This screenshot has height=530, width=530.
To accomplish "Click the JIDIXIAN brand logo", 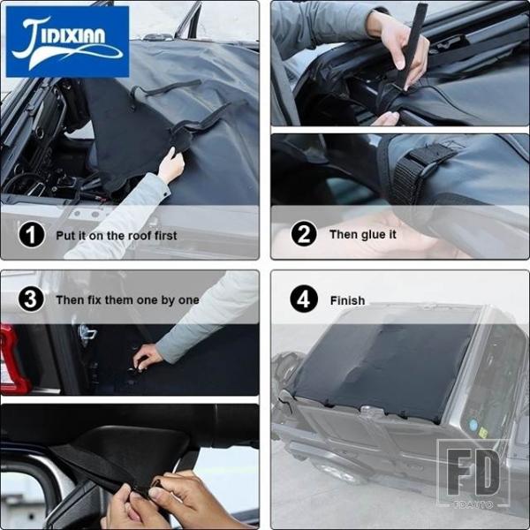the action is (67, 42).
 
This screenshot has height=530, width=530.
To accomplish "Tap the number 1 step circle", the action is (32, 235).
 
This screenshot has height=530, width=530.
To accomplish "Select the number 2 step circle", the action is (304, 233).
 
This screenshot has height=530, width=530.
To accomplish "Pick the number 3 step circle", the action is (31, 299).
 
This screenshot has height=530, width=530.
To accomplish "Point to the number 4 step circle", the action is (304, 299).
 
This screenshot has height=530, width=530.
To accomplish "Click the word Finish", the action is (347, 300).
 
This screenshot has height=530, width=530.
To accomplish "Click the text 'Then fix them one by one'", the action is (127, 300).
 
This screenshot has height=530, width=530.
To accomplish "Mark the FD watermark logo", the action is (473, 473).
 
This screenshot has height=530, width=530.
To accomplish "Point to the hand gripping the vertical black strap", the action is (399, 50).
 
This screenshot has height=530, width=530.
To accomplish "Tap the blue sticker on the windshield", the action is (473, 425).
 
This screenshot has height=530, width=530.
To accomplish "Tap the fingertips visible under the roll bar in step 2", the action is (386, 118).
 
